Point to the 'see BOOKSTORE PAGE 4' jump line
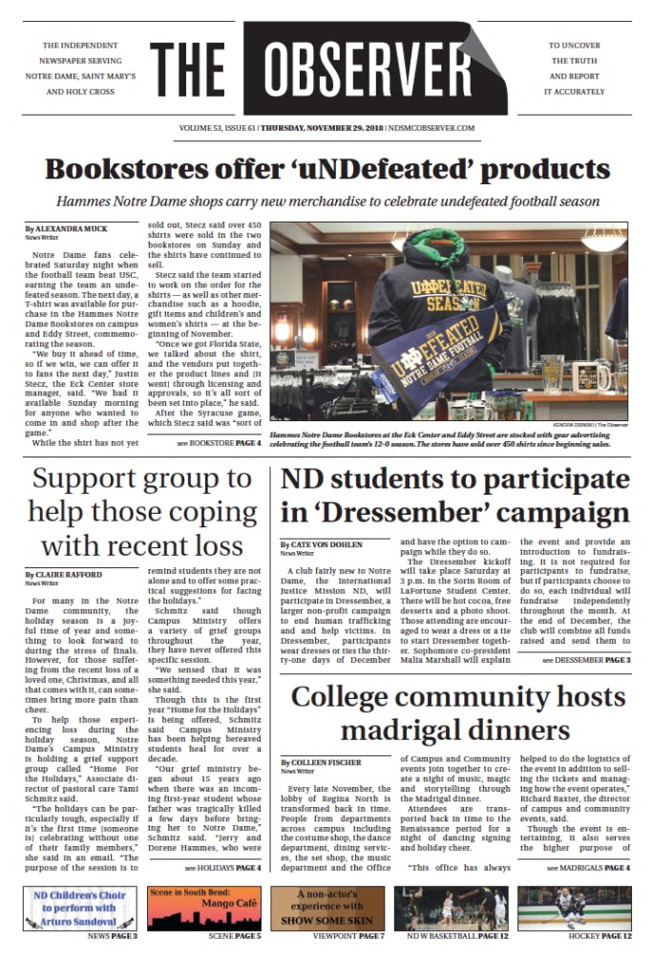(219, 444)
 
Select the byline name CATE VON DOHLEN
(321, 543)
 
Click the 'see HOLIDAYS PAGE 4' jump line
(222, 868)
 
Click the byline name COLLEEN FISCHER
(322, 762)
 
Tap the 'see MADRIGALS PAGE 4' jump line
(588, 868)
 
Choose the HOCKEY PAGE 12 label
(599, 937)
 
